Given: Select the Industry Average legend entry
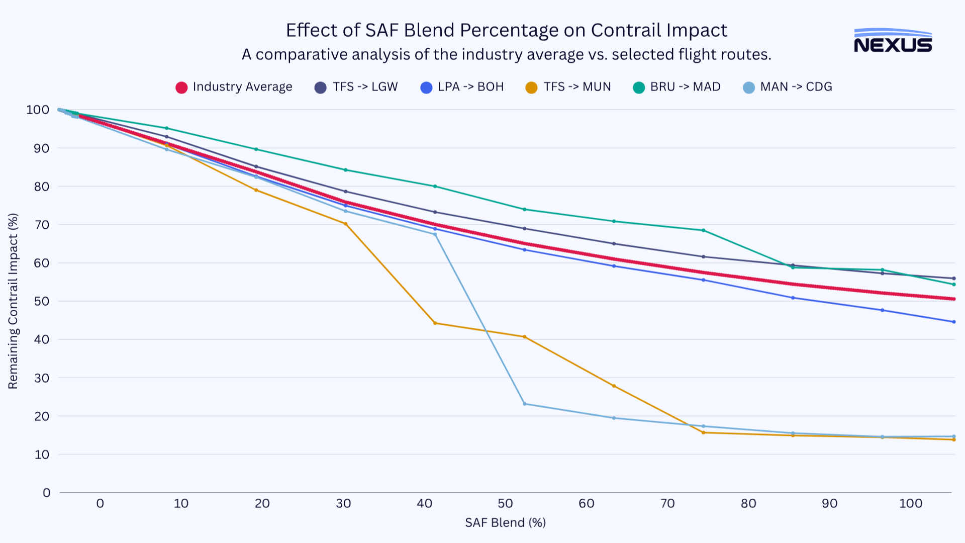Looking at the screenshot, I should [x=234, y=87].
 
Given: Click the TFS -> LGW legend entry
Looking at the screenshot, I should [x=356, y=87].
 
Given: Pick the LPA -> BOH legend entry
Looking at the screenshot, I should [x=462, y=87].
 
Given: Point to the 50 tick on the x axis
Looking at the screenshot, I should [x=505, y=503].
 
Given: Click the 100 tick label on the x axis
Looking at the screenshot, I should [x=910, y=503].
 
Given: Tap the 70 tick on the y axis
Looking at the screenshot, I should [x=42, y=225].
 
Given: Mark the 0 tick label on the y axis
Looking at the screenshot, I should [x=46, y=493].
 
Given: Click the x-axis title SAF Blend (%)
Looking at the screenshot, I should [x=505, y=523].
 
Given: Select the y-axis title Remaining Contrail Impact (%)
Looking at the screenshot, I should [x=13, y=301].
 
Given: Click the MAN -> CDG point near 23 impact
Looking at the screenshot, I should [x=524, y=404].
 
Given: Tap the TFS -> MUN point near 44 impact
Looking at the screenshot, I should [x=435, y=323].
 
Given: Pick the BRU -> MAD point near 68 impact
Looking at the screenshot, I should [x=703, y=230].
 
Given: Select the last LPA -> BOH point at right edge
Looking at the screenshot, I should [x=953, y=322].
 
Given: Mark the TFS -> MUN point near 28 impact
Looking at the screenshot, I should [x=614, y=386].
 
